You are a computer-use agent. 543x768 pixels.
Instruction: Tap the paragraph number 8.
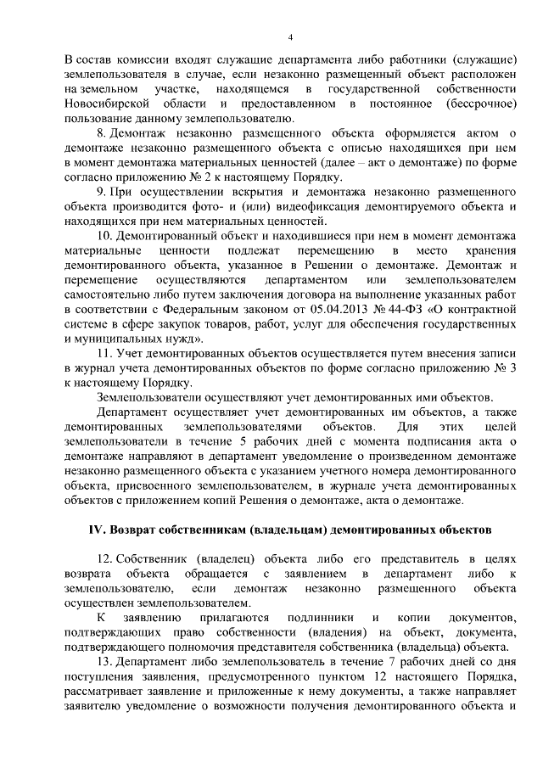[x=101, y=134]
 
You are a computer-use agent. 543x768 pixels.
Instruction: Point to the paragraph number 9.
[x=101, y=193]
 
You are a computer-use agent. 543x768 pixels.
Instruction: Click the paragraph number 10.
[x=104, y=237]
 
